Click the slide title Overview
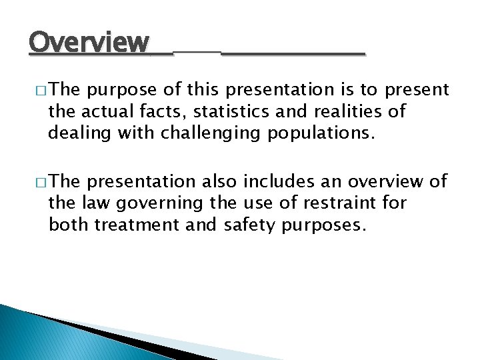[89, 43]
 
